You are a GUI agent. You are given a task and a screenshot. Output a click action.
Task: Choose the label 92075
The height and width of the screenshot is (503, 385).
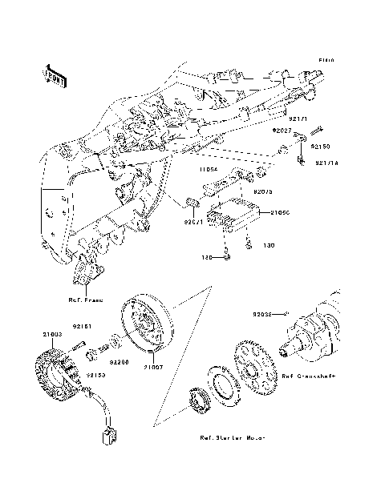(x=264, y=192)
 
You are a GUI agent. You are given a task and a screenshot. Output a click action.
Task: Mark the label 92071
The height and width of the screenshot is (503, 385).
(x=195, y=222)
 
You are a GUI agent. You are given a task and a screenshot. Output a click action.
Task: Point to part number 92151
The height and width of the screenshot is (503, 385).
(x=85, y=326)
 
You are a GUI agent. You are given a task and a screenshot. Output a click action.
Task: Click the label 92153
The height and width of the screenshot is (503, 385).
(x=95, y=374)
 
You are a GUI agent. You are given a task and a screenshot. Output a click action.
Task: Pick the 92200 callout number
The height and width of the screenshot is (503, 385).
(x=120, y=361)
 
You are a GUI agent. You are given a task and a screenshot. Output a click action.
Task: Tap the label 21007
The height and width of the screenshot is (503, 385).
(x=154, y=368)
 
